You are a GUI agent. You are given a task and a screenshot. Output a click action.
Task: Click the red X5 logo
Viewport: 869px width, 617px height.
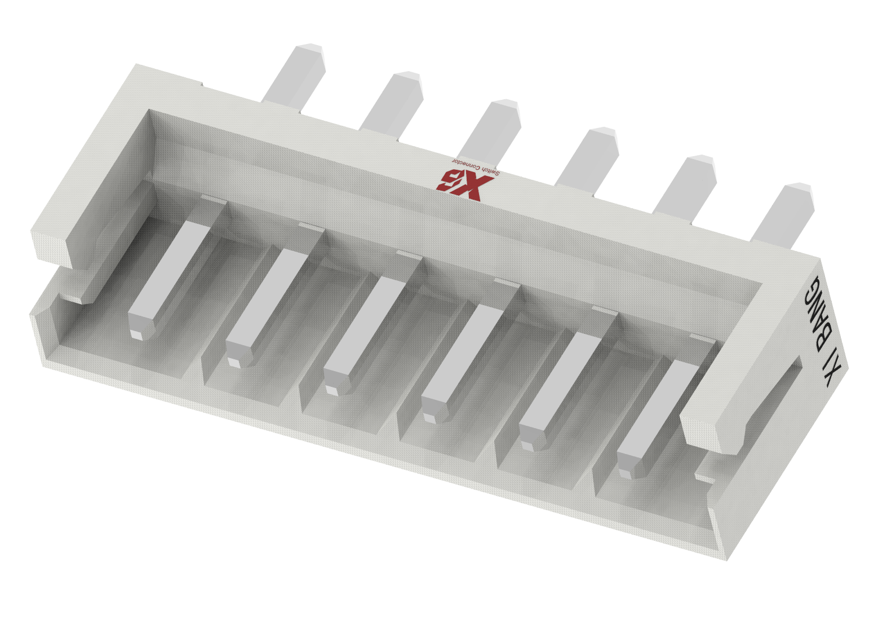click(x=460, y=183)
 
